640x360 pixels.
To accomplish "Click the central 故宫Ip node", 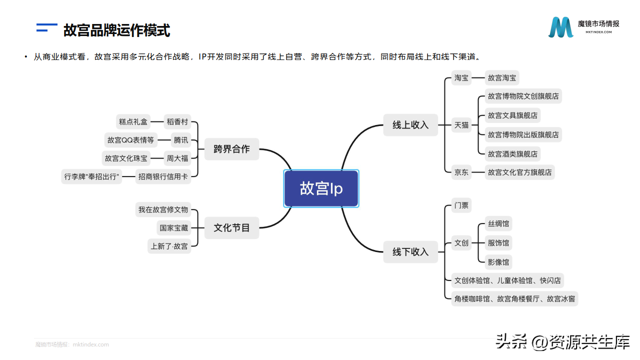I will [321, 188].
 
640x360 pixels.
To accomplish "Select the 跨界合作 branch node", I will [231, 149].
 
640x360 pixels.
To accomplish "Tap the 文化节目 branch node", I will [231, 228].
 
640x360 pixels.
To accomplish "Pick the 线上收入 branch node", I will [410, 125].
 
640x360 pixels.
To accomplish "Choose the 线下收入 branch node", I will [410, 252].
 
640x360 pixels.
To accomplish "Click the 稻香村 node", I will [177, 121].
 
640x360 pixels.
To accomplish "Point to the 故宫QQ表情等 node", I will [130, 140].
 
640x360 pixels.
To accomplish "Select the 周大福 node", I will [177, 158].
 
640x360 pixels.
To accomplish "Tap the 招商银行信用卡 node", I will [164, 176].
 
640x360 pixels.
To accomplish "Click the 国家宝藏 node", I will [174, 228].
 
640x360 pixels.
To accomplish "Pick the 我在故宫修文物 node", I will [163, 210].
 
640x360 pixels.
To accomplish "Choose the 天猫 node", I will [461, 125].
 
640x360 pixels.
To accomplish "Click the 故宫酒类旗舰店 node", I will [512, 154].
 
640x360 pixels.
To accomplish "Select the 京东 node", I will [461, 172].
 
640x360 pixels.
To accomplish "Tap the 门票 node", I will [461, 205].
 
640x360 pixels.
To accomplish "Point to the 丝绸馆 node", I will [498, 224].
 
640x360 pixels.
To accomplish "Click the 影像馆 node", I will [498, 262].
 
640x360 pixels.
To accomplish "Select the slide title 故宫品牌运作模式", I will [117, 30].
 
